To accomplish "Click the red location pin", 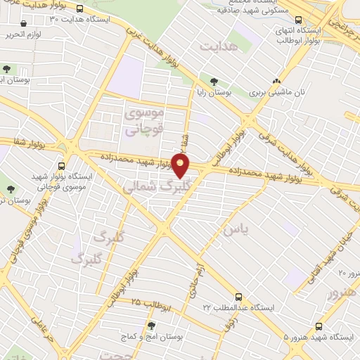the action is [x=181, y=166].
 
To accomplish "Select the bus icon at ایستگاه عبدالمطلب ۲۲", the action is [x=239, y=297].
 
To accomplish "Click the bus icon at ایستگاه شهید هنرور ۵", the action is [x=319, y=327].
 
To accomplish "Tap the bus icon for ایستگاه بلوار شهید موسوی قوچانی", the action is [x=61, y=167].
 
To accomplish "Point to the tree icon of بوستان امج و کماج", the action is [x=150, y=326].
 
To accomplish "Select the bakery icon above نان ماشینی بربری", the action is [x=277, y=81].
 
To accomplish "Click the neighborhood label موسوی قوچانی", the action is [x=143, y=121].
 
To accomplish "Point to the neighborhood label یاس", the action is [x=232, y=229].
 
